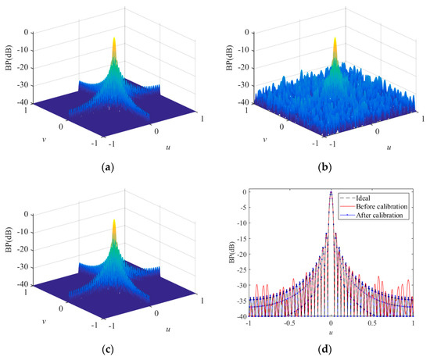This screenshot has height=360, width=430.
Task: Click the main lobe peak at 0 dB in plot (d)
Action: pyautogui.click(x=331, y=192)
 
